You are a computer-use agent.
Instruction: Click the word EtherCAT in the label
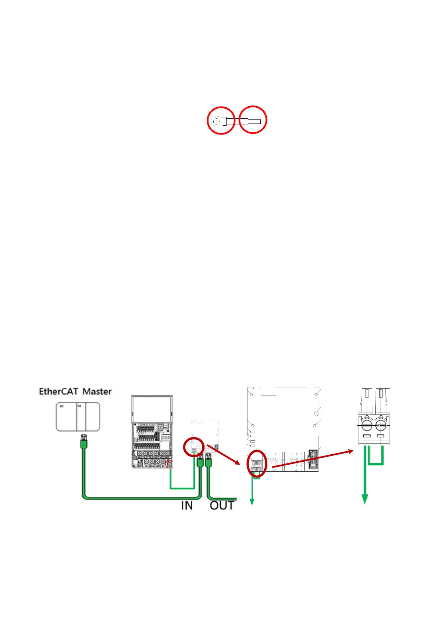(59, 391)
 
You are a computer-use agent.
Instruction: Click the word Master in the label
(97, 391)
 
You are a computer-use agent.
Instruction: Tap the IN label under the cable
(187, 505)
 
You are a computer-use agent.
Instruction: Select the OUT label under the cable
(222, 505)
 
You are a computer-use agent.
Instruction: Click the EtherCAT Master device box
(78, 416)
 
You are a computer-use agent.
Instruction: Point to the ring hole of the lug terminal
(216, 120)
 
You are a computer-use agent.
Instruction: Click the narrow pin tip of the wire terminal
(255, 122)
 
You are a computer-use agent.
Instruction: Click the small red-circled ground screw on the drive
(169, 464)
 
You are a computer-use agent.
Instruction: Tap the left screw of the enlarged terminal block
(367, 426)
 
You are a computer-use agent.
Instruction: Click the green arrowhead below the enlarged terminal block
(365, 499)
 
